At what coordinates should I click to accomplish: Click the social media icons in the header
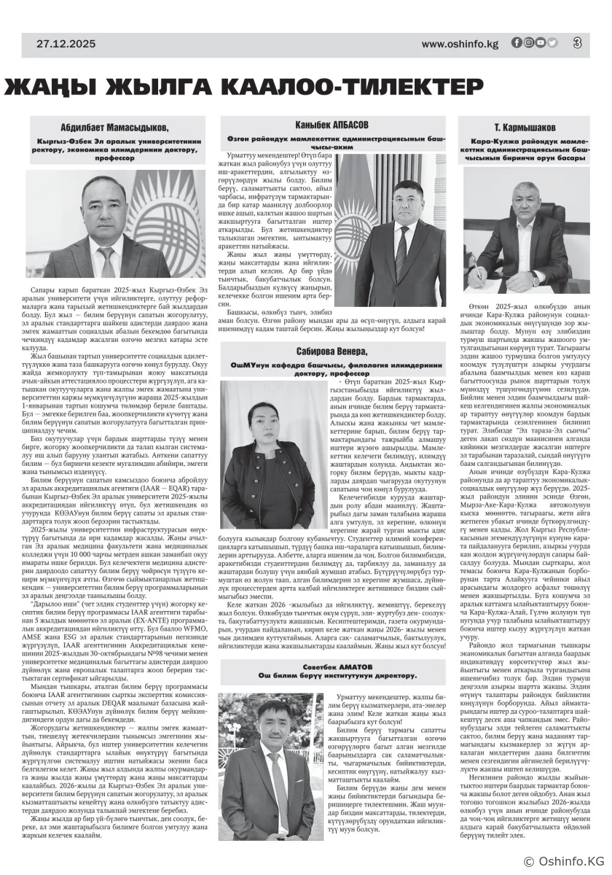534,43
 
